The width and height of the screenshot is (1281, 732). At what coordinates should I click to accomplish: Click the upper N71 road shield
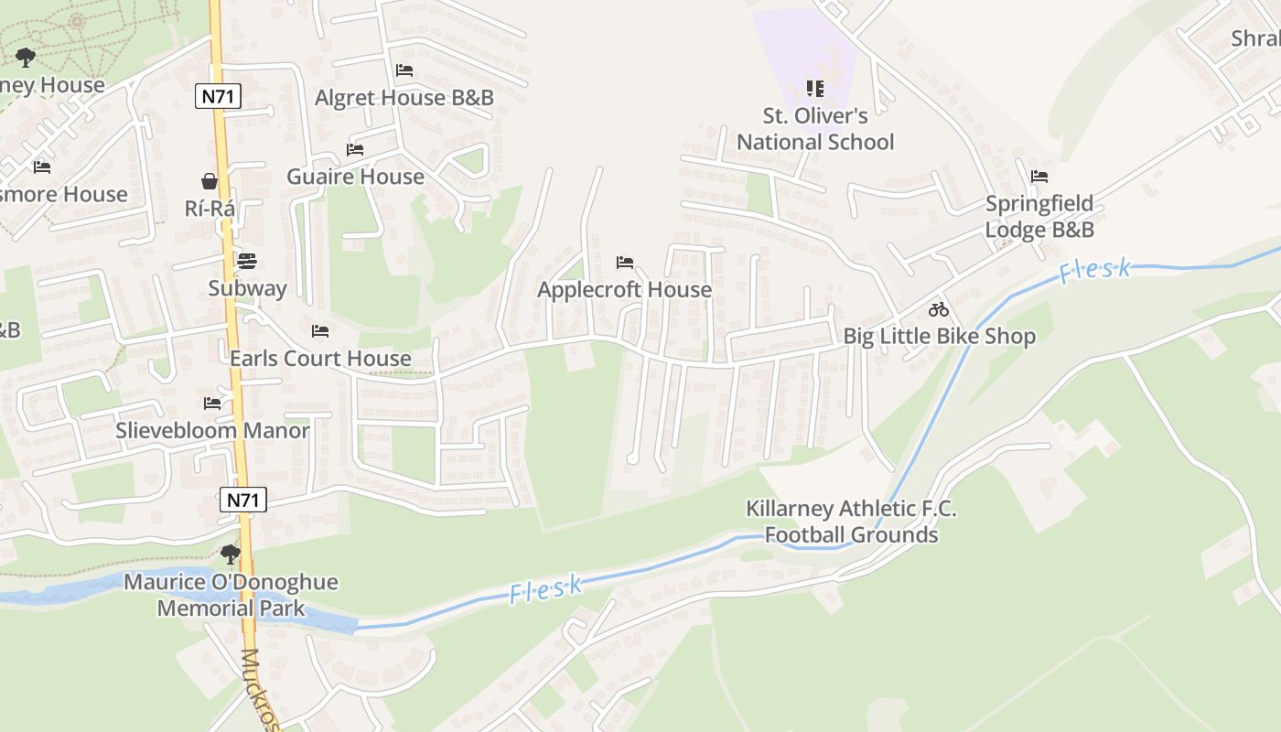pyautogui.click(x=218, y=96)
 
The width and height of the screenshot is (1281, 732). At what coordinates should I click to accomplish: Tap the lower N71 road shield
pyautogui.click(x=243, y=500)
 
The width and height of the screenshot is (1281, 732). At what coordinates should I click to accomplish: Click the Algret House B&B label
pyautogui.click(x=404, y=98)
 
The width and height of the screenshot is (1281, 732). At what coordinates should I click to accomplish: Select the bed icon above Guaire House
pyautogui.click(x=355, y=149)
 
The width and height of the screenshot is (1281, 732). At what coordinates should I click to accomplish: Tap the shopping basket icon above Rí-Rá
pyautogui.click(x=210, y=181)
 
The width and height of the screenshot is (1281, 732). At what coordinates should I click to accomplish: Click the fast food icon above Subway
pyautogui.click(x=247, y=261)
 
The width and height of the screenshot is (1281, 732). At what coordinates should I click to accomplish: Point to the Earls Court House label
pyautogui.click(x=320, y=358)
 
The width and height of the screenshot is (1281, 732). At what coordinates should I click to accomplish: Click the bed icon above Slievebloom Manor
pyautogui.click(x=212, y=403)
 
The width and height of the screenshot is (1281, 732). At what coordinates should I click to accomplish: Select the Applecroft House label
pyautogui.click(x=624, y=289)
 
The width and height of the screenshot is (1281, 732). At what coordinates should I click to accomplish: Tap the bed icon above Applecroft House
pyautogui.click(x=625, y=263)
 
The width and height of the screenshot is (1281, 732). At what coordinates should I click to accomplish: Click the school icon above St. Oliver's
pyautogui.click(x=815, y=89)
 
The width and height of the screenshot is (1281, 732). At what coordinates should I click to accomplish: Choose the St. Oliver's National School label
pyautogui.click(x=815, y=129)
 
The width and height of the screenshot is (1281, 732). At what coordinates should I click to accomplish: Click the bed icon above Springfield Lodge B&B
pyautogui.click(x=1039, y=177)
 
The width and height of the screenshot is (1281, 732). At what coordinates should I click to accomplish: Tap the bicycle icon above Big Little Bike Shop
pyautogui.click(x=939, y=309)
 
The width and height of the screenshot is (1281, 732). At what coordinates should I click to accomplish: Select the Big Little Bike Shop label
pyautogui.click(x=939, y=336)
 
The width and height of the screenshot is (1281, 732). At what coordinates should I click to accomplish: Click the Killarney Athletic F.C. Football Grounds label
pyautogui.click(x=851, y=522)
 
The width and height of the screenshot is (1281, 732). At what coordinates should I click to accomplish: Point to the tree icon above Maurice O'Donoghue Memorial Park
pyautogui.click(x=231, y=554)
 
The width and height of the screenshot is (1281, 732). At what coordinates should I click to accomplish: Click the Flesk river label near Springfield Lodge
pyautogui.click(x=1095, y=271)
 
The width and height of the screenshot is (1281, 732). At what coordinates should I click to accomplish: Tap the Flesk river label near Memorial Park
pyautogui.click(x=546, y=588)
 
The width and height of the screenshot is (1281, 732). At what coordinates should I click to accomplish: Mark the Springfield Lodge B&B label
pyautogui.click(x=1039, y=216)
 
